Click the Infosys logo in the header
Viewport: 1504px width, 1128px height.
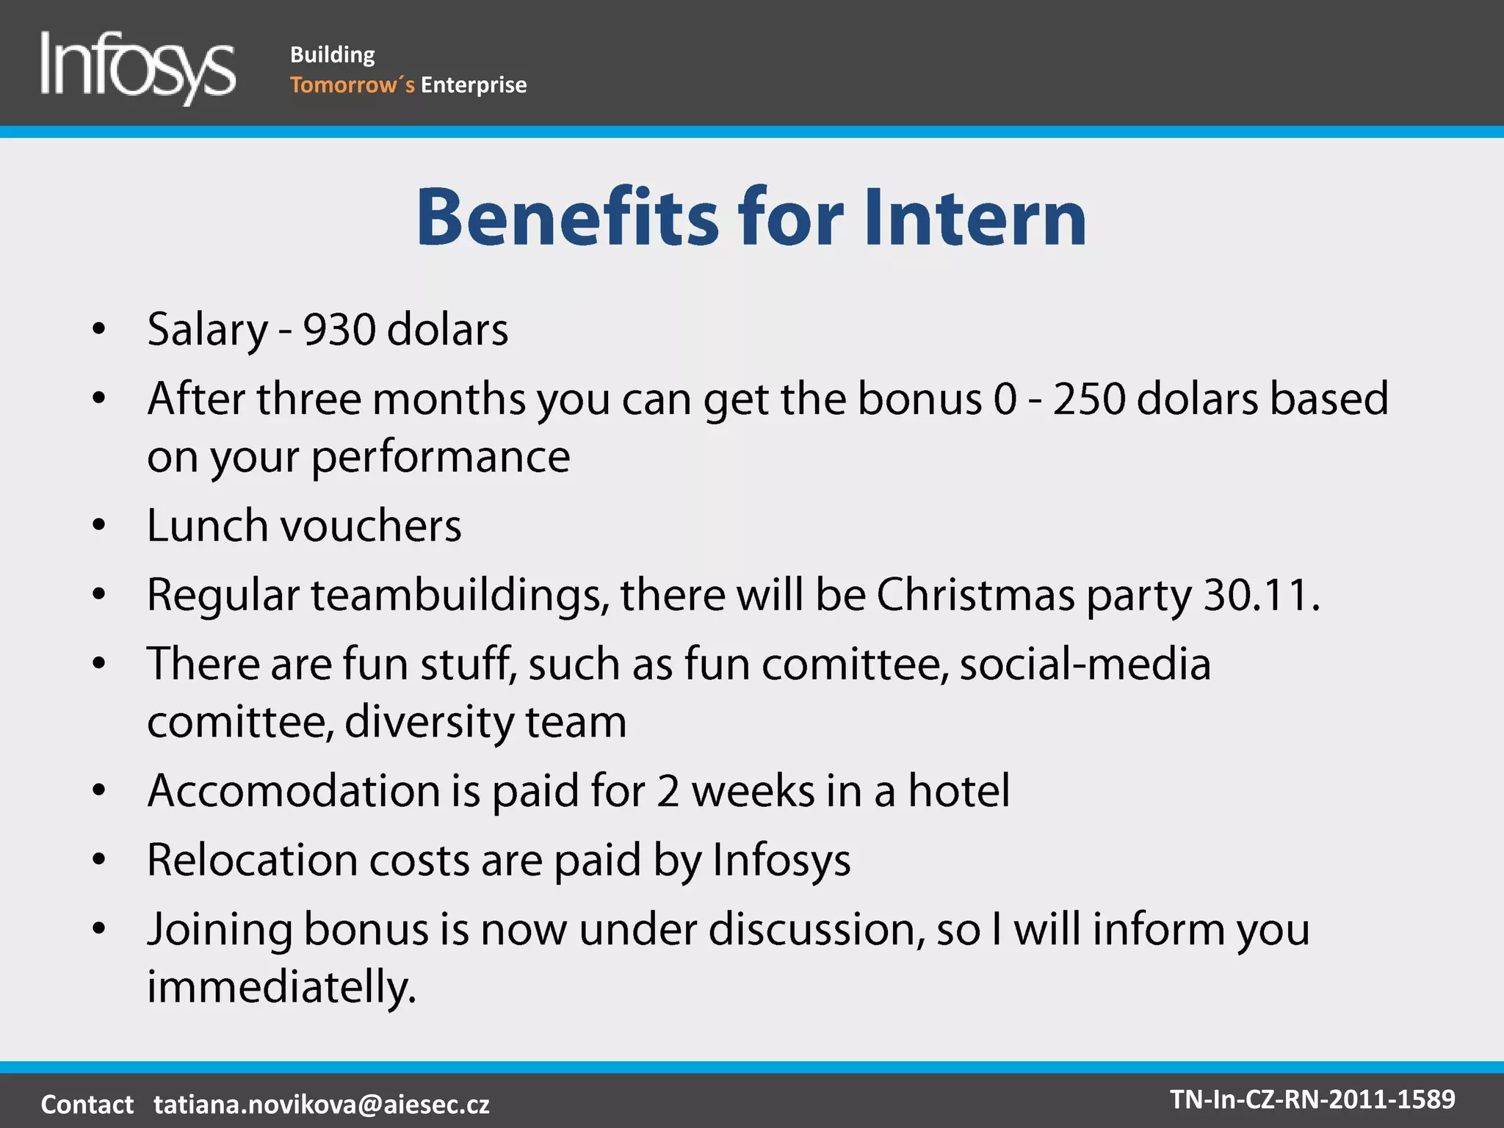click(x=138, y=68)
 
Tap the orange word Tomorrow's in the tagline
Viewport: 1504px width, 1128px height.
click(x=352, y=85)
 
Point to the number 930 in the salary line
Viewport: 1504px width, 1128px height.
click(x=339, y=329)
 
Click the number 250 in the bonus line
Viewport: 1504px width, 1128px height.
click(x=1088, y=399)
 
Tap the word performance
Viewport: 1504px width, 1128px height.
click(x=441, y=457)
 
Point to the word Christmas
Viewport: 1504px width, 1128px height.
click(x=975, y=594)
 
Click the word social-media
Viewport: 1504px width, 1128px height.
click(x=1085, y=664)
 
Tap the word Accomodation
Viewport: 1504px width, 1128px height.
click(x=294, y=791)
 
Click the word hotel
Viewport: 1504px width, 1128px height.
click(x=958, y=791)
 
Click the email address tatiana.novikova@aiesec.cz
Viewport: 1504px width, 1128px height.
click(x=322, y=1104)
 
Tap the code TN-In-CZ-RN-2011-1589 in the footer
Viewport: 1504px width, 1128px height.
click(x=1312, y=1099)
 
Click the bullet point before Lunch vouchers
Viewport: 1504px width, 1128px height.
click(x=99, y=526)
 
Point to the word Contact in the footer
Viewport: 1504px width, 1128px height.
click(x=87, y=1104)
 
